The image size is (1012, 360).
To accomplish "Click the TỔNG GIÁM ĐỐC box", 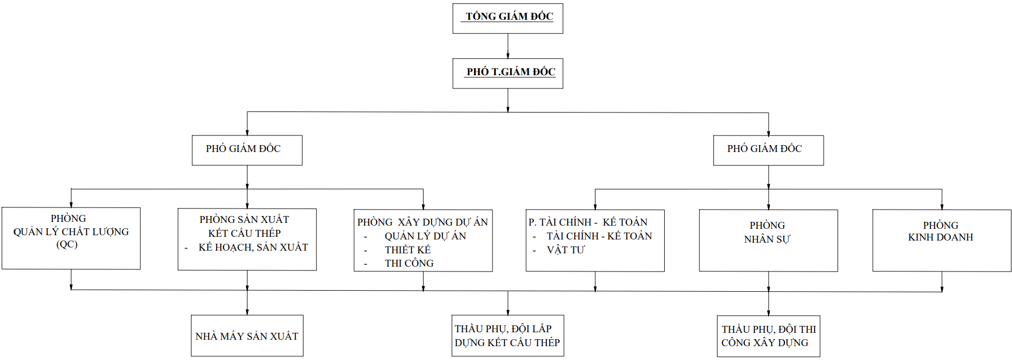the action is click(508, 19).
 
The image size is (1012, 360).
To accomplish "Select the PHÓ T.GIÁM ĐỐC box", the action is click(508, 74).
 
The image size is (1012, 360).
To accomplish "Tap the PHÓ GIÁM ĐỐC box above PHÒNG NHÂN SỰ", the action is click(768, 150).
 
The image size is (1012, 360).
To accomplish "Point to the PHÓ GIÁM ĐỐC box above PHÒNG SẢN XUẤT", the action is click(247, 150).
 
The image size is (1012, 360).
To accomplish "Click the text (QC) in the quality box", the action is click(67, 244).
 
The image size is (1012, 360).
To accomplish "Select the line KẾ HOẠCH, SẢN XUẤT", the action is click(253, 247).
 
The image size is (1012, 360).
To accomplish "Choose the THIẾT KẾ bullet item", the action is click(408, 250).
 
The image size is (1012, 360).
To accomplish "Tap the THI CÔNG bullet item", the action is click(409, 263).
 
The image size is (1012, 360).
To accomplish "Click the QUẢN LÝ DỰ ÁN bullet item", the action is click(425, 236).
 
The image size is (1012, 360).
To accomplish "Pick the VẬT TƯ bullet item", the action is click(565, 250).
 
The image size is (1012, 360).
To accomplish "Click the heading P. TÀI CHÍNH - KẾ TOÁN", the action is click(588, 222).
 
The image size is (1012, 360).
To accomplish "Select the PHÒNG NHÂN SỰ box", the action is click(768, 241).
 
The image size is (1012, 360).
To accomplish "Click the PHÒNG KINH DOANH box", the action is click(942, 241).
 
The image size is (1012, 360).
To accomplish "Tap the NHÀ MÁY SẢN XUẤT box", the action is click(247, 335).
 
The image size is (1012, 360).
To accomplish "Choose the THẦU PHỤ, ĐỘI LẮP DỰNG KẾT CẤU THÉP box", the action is click(508, 335).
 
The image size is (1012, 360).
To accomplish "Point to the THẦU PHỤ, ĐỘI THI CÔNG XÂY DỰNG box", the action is click(768, 336).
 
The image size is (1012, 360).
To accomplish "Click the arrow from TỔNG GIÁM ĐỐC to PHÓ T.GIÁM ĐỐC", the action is click(508, 46).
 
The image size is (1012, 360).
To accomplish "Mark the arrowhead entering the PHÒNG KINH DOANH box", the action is click(942, 206).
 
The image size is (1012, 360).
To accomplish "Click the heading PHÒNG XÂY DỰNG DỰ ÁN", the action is click(423, 222).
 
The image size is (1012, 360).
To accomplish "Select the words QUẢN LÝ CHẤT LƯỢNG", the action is click(71, 231).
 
